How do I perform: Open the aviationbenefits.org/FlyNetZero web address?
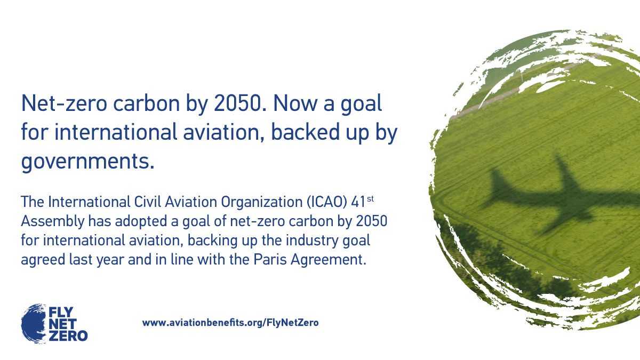[230, 323]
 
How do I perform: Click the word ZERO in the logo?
[68, 335]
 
